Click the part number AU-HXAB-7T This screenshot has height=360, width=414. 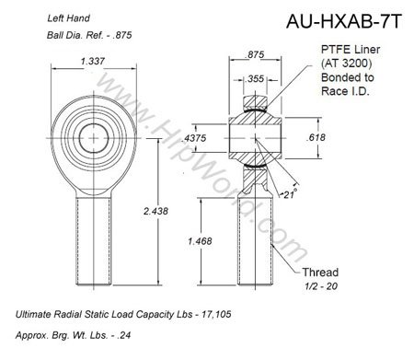(344, 21)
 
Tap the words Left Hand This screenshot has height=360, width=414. (68, 18)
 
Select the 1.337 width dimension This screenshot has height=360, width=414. (93, 62)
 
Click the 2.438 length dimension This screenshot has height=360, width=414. (155, 211)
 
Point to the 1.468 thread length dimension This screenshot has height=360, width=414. (200, 241)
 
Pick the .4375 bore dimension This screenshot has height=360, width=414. (194, 138)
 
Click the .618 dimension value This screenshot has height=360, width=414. (316, 137)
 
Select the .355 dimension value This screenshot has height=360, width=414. (254, 79)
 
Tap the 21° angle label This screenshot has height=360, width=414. (290, 194)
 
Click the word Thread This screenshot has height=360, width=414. (320, 273)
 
